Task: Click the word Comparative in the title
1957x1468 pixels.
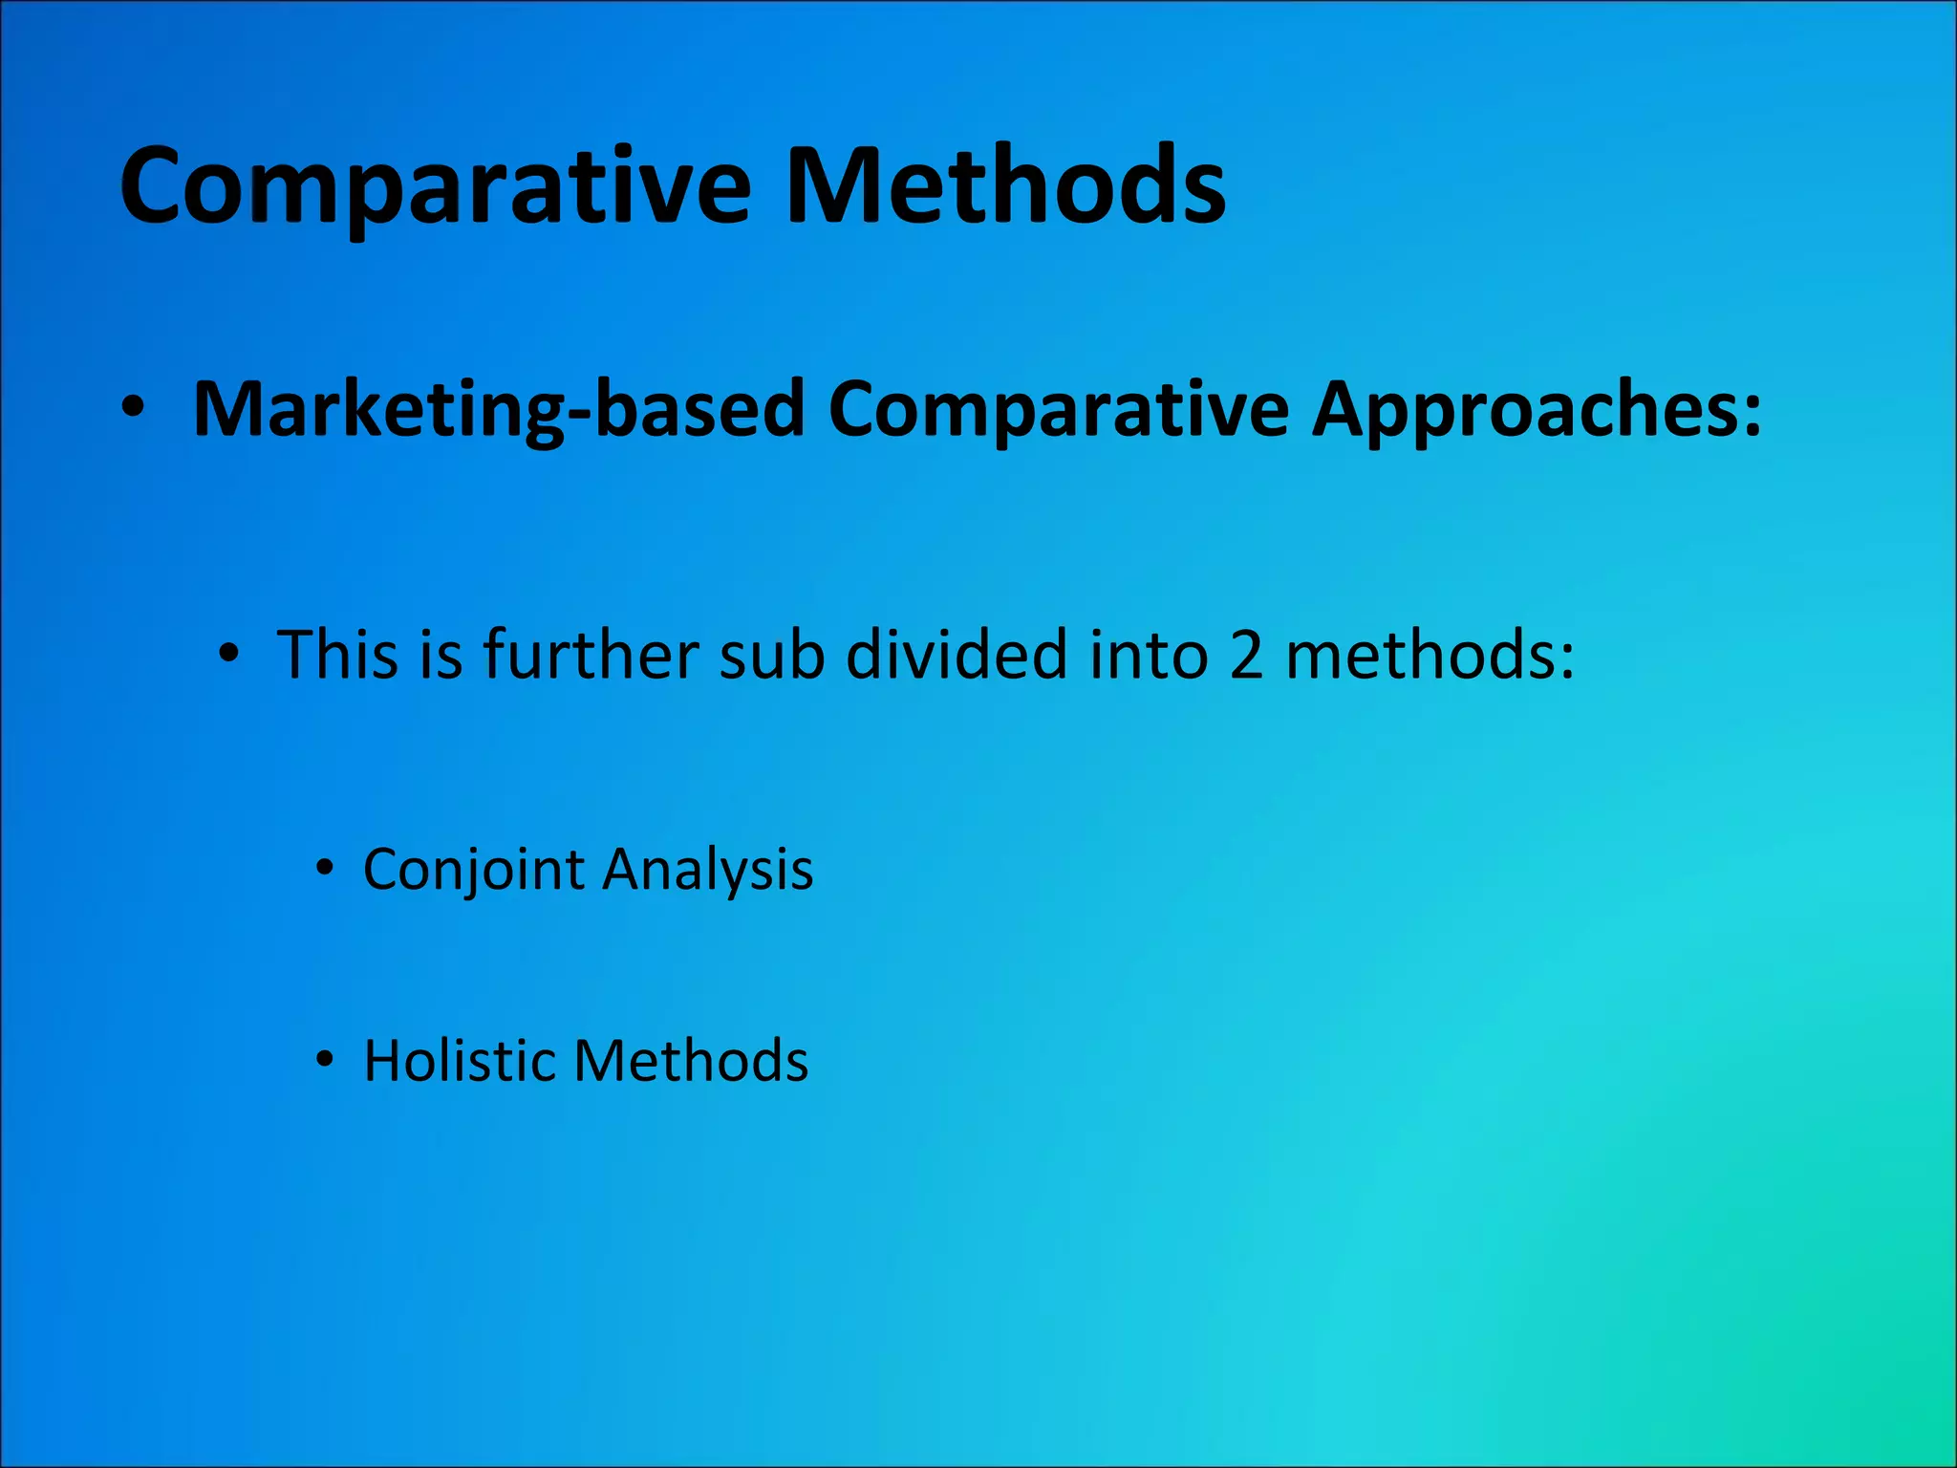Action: pyautogui.click(x=436, y=187)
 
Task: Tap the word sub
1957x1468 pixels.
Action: pyautogui.click(x=771, y=655)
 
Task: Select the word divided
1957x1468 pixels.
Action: pyautogui.click(x=956, y=655)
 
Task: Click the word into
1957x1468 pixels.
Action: pyautogui.click(x=1149, y=655)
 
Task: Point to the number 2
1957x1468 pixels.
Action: pyautogui.click(x=1246, y=657)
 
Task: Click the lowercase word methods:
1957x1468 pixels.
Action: pyautogui.click(x=1430, y=655)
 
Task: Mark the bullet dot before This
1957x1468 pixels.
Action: pyautogui.click(x=227, y=655)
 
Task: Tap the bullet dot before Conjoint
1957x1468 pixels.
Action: pyautogui.click(x=325, y=869)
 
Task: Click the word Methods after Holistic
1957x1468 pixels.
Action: pyautogui.click(x=691, y=1061)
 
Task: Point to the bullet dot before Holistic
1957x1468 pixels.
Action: pyautogui.click(x=325, y=1060)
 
